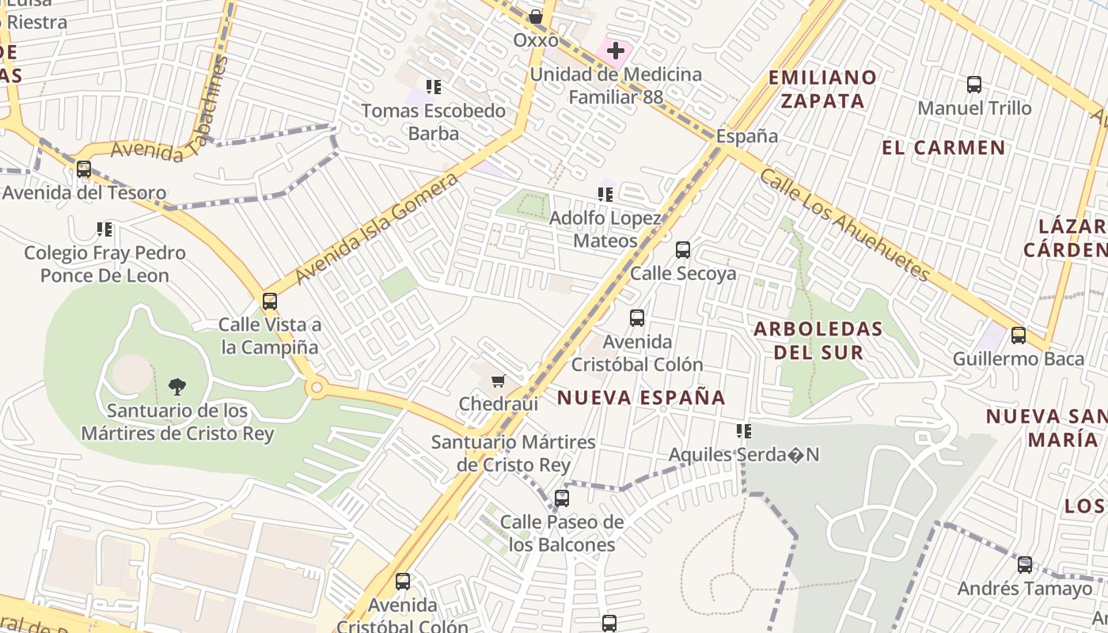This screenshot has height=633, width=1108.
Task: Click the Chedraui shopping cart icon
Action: [498, 381]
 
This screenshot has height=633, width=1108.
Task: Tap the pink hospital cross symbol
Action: [615, 51]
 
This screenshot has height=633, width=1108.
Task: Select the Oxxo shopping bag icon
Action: [536, 17]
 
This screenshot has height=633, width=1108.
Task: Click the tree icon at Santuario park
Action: [177, 387]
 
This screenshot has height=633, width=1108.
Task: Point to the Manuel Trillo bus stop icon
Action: [974, 85]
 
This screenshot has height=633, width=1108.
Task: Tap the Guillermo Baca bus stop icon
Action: [1019, 335]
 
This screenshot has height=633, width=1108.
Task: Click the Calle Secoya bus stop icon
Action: [683, 250]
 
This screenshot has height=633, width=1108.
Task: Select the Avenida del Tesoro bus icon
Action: [84, 169]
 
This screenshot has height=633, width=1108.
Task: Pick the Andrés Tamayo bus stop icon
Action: [1025, 565]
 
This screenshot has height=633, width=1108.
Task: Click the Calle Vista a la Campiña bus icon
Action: [270, 301]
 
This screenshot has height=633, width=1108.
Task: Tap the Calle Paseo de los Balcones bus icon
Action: [562, 498]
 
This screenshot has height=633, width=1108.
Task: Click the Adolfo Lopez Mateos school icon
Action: [605, 194]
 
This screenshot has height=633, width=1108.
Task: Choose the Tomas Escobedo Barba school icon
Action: [433, 86]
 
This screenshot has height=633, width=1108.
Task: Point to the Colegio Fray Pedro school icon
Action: [104, 229]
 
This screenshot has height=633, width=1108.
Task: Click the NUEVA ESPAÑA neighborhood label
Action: [641, 397]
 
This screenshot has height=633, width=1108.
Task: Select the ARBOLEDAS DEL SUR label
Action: [818, 340]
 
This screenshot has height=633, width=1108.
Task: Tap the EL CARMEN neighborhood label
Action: [943, 147]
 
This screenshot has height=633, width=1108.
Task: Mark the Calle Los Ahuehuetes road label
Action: [844, 224]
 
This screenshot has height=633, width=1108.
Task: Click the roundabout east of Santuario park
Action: [317, 388]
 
